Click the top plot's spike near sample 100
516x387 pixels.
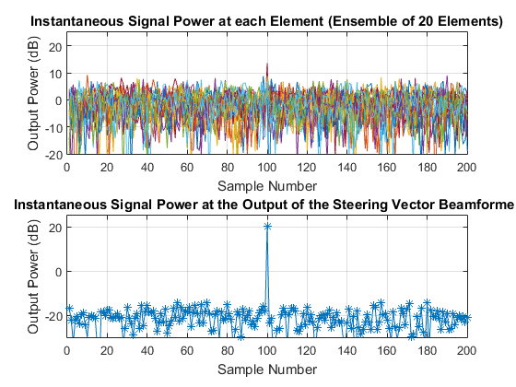pyautogui.click(x=267, y=65)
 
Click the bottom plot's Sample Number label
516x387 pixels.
pyautogui.click(x=266, y=369)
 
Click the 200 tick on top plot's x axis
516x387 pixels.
pyautogui.click(x=466, y=169)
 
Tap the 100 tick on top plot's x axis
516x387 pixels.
pyautogui.click(x=267, y=169)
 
